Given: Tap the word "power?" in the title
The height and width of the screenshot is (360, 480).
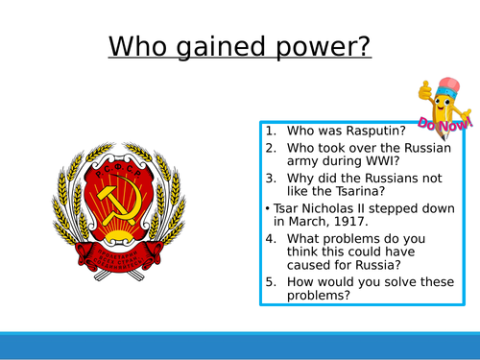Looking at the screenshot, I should tap(324, 46).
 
